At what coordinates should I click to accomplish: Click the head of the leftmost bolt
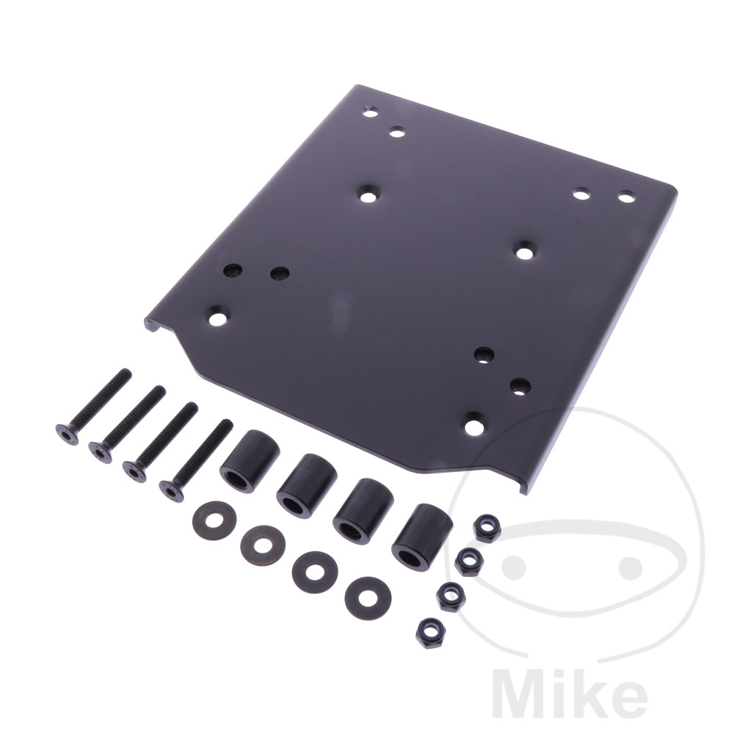coord(67,434)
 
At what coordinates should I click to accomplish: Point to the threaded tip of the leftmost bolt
coord(127,372)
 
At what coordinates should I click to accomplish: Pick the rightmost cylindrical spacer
coord(422,537)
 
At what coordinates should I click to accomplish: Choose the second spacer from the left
coord(307,485)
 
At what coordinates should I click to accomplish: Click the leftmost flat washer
coord(214,520)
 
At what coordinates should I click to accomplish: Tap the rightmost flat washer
coord(368,597)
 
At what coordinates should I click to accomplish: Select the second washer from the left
coord(263,545)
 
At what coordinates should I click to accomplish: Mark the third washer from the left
coord(315,572)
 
